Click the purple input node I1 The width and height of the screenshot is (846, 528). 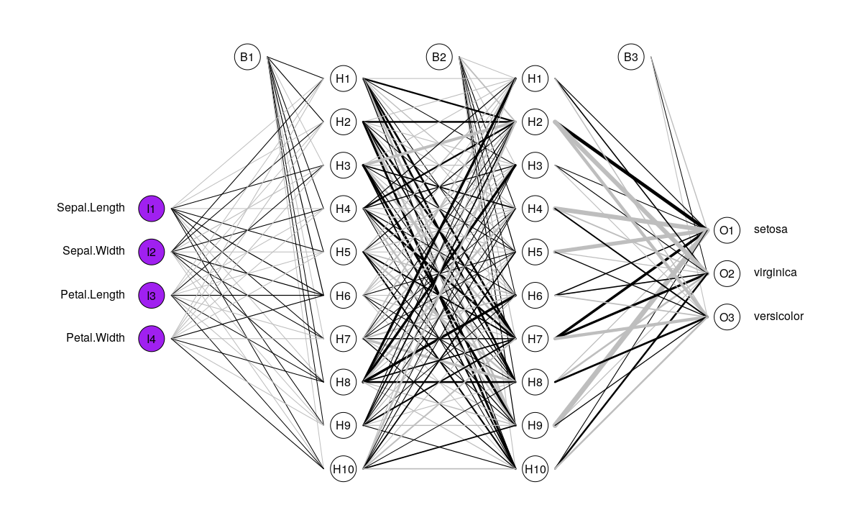[x=152, y=209]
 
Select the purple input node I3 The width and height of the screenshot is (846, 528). [x=152, y=295]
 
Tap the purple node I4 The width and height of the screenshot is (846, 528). [x=152, y=338]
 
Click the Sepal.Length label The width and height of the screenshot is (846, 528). [x=91, y=208]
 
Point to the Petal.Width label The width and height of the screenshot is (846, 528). [x=95, y=337]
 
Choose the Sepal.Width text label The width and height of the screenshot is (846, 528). [x=93, y=251]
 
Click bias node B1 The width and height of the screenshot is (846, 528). [x=247, y=57]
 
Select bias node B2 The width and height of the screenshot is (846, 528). [x=439, y=57]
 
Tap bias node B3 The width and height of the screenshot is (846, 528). [x=630, y=57]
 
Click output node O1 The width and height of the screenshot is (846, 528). [x=727, y=230]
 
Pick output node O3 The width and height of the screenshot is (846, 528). [x=727, y=317]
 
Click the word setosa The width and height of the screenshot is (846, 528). [x=771, y=229]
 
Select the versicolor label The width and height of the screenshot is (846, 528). [x=778, y=316]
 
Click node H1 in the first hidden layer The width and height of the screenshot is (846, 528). [x=343, y=78]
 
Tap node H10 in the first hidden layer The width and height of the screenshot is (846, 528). [x=343, y=470]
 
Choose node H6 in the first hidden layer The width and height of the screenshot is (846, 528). [x=343, y=295]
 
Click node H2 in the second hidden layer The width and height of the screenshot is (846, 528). [x=535, y=122]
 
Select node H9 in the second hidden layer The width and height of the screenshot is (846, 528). [x=535, y=426]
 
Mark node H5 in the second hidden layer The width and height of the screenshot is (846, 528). [x=535, y=252]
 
